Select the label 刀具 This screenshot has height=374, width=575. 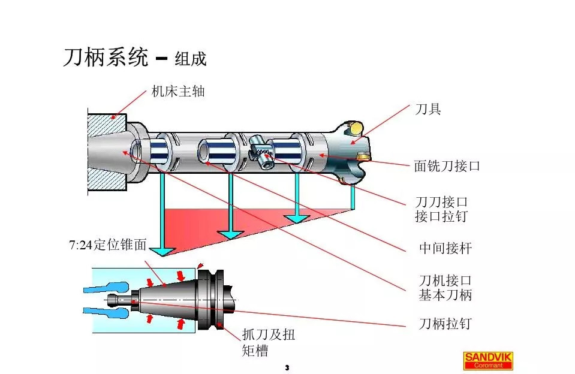[x=428, y=110]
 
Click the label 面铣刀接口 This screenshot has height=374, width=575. [x=447, y=166]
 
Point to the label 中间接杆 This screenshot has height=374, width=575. [x=445, y=248]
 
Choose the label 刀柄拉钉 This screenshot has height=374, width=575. [x=445, y=324]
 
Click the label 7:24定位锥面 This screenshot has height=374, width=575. [x=108, y=246]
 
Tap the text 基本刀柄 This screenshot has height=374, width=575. [x=445, y=295]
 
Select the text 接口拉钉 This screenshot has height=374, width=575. [x=441, y=216]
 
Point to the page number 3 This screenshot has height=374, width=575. [x=287, y=367]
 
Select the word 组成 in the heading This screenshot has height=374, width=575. [x=190, y=59]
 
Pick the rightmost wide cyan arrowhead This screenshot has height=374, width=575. [x=297, y=219]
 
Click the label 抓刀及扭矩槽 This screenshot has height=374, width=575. [x=268, y=342]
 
